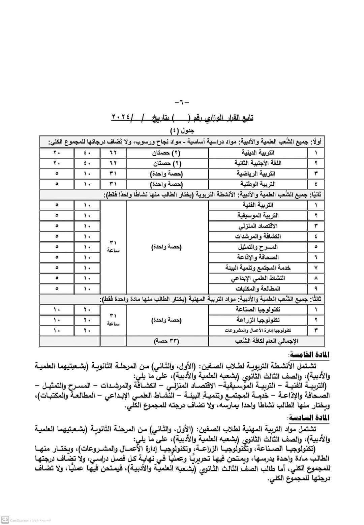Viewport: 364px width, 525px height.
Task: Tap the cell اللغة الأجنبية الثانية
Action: [258, 163]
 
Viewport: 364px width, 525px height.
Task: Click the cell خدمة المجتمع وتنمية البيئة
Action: [258, 268]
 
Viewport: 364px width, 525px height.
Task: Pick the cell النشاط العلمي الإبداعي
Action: [258, 278]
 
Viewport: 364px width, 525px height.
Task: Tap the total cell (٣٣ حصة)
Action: [167, 341]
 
